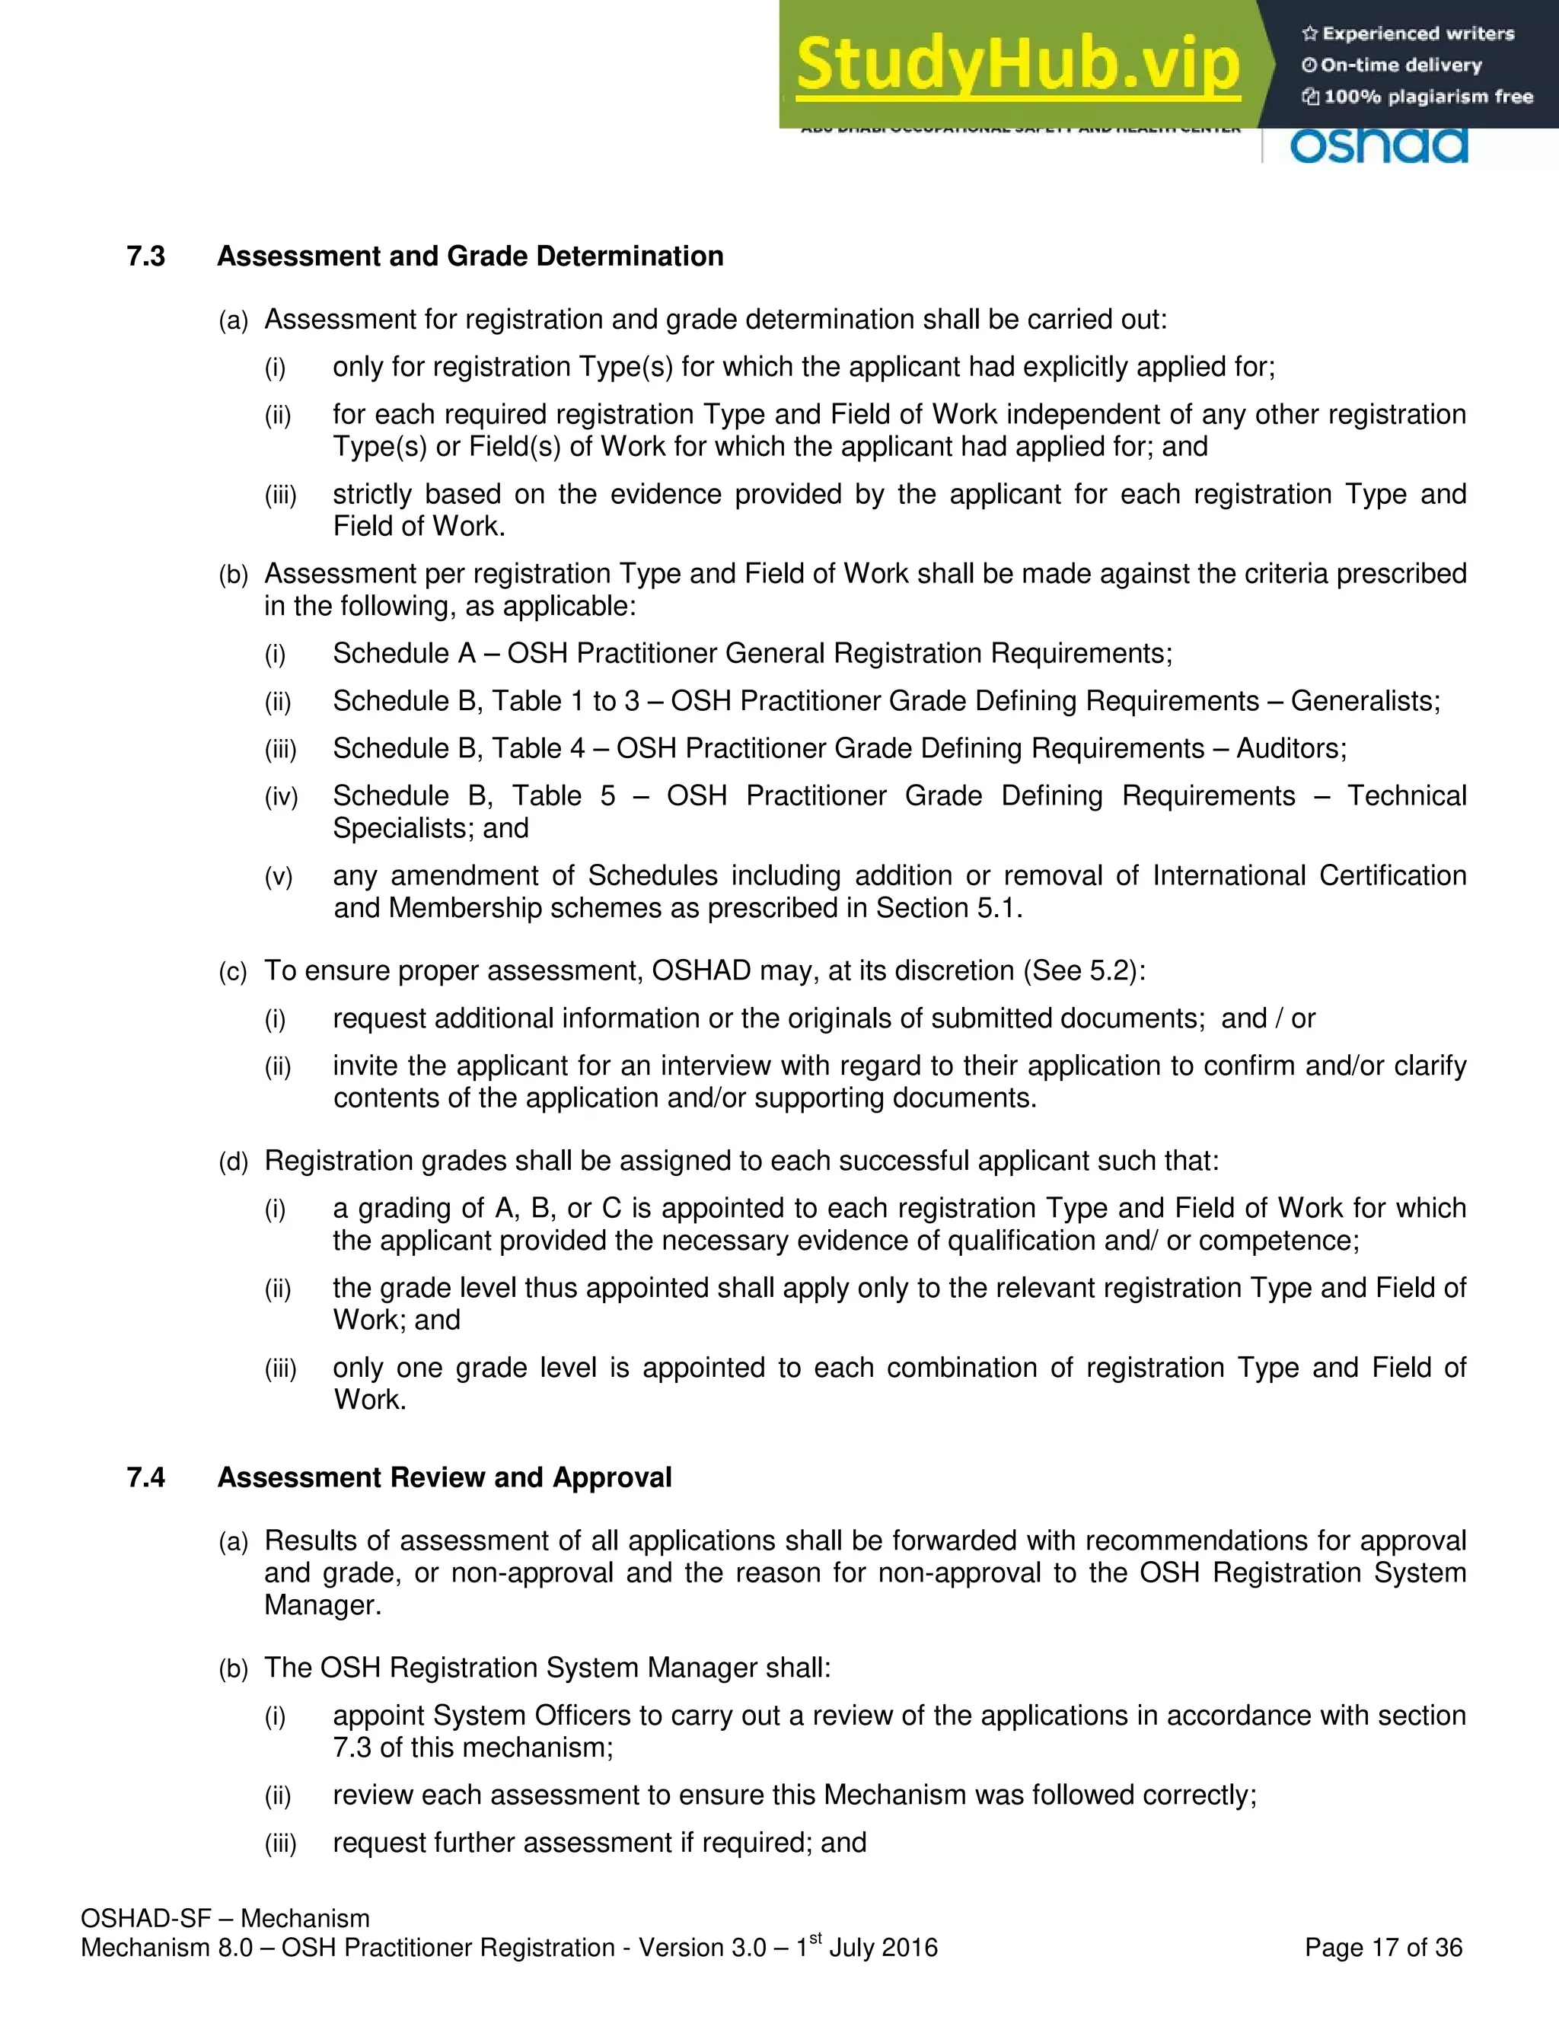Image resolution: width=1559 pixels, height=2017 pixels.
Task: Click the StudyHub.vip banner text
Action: [1017, 65]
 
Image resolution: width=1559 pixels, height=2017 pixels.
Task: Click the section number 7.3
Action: [146, 256]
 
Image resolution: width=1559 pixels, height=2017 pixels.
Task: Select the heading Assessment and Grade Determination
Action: [470, 256]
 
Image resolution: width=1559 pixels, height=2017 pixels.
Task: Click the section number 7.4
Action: [146, 1477]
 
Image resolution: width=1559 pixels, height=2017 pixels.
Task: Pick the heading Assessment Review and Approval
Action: [445, 1477]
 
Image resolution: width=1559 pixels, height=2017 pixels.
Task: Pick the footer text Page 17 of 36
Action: [1382, 1948]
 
